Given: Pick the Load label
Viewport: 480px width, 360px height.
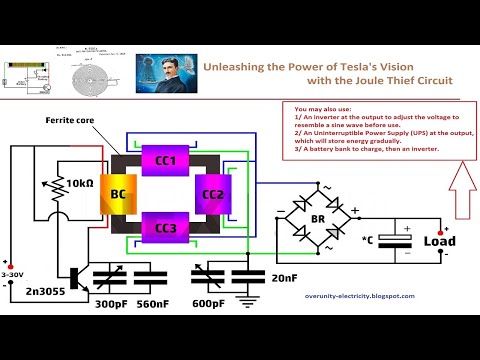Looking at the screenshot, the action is click(x=440, y=241).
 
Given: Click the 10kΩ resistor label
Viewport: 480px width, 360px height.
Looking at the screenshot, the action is click(x=76, y=185).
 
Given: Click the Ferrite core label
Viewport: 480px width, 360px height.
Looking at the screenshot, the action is click(x=70, y=120).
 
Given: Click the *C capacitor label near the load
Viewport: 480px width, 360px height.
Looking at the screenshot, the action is click(x=370, y=241).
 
